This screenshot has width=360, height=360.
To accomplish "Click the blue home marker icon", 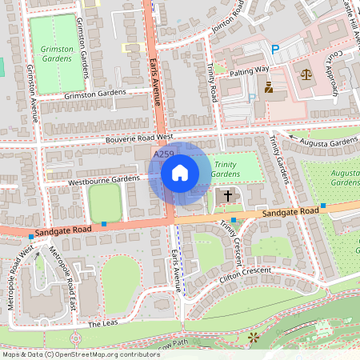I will pos(180,172).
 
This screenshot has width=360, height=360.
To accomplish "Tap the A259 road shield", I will pos(163,154).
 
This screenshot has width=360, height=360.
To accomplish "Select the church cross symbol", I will pos(226,195).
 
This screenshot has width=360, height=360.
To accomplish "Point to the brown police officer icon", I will pos(269,87).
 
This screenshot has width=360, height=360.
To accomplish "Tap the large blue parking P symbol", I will pos(275,50).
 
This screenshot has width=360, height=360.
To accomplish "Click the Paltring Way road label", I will pos(250,70).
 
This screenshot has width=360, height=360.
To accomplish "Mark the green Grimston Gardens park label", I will pos(57,54).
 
